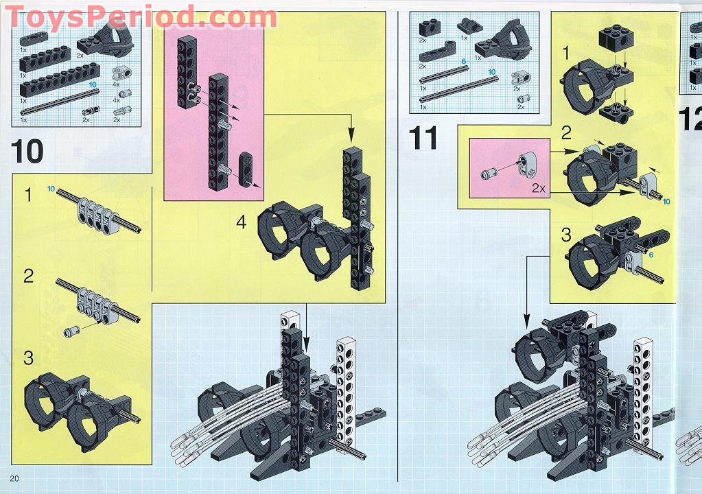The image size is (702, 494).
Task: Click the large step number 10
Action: click(27, 151)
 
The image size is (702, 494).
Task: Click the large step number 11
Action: click(423, 138)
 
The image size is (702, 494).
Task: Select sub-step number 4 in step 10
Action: click(242, 222)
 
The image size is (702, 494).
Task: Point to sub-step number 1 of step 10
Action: click(28, 196)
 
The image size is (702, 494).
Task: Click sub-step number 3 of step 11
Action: click(566, 235)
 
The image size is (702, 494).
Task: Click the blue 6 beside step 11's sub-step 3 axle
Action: click(651, 255)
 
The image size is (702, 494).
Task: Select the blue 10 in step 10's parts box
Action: click(93, 84)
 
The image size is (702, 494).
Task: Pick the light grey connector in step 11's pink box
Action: click(527, 162)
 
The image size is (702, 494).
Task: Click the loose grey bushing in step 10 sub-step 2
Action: click(71, 331)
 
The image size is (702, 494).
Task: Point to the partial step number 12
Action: click(690, 120)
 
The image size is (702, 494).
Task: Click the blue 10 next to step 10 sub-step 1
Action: click(51, 189)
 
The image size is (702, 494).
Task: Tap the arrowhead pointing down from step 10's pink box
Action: click(351, 139)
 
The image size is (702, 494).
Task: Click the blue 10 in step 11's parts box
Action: click(491, 72)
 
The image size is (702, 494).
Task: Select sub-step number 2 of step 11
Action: click(566, 132)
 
